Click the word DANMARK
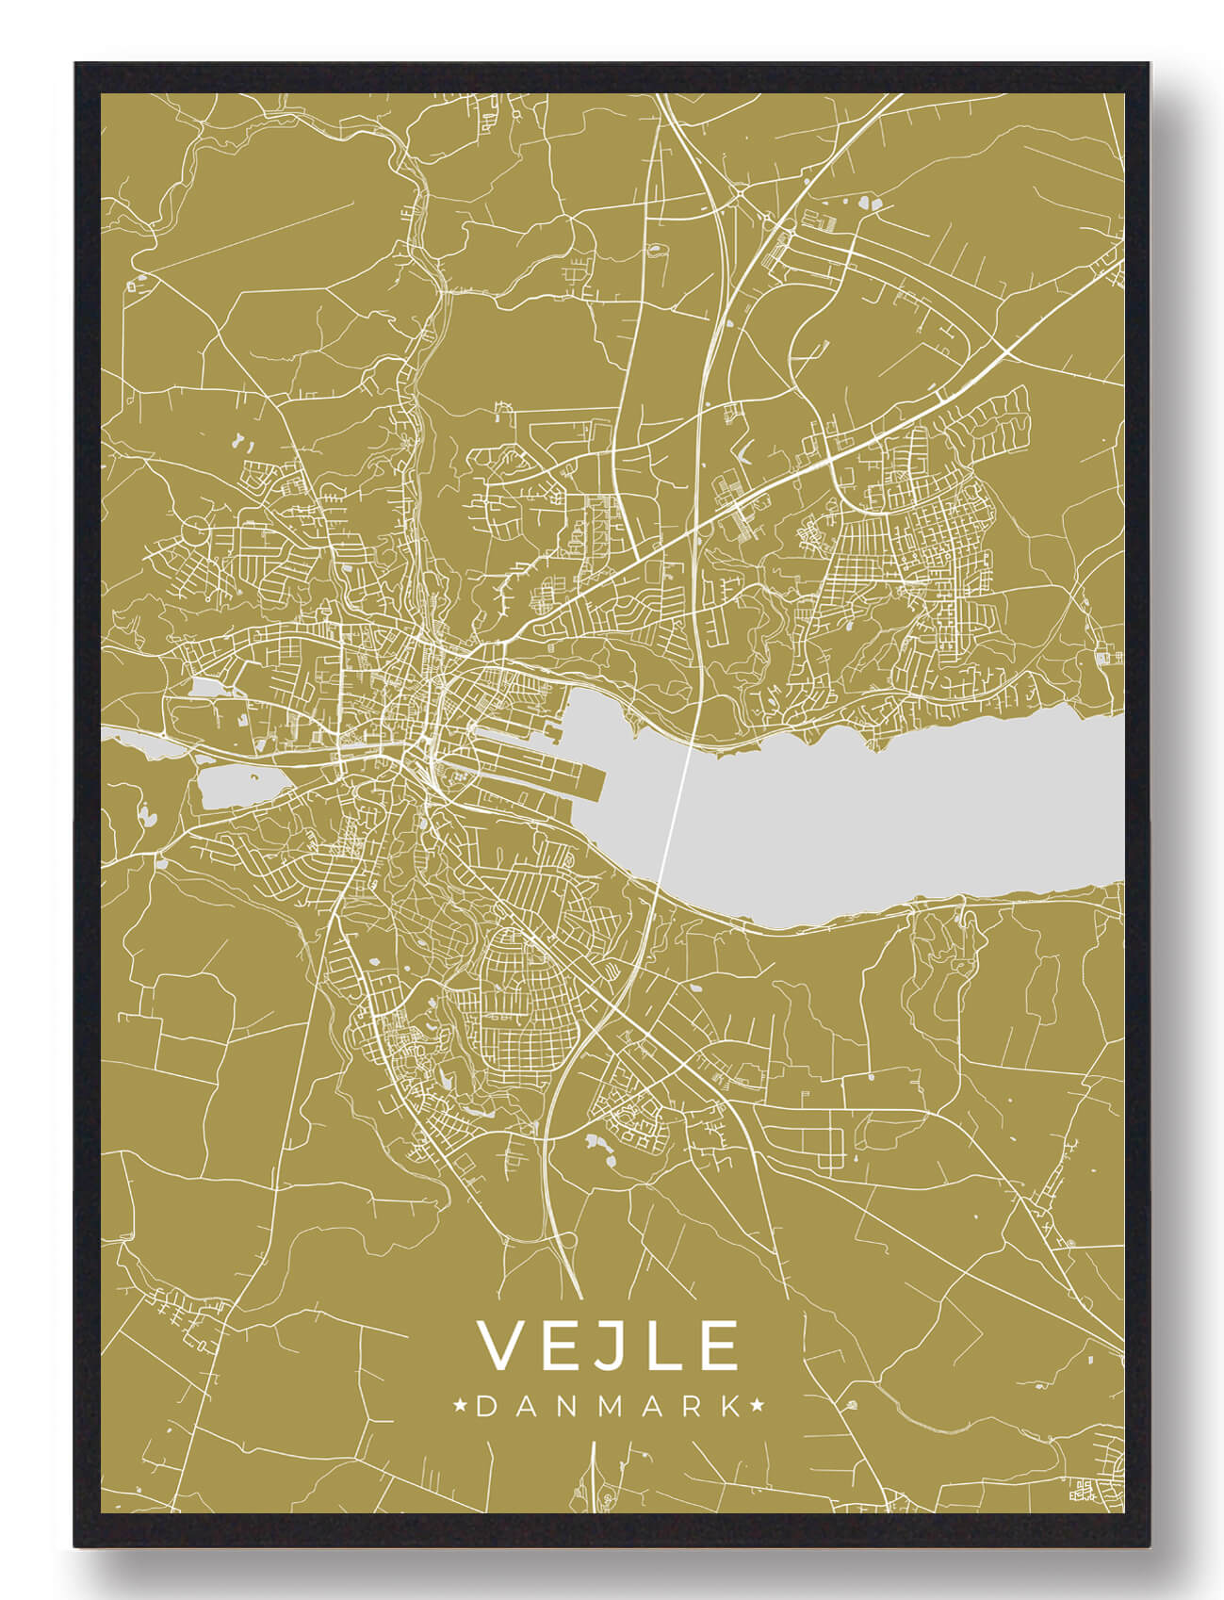[609, 1407]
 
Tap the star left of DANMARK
[461, 1407]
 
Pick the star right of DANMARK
[757, 1407]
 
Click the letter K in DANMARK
[728, 1407]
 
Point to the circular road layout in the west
[196, 530]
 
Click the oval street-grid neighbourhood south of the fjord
[514, 980]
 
